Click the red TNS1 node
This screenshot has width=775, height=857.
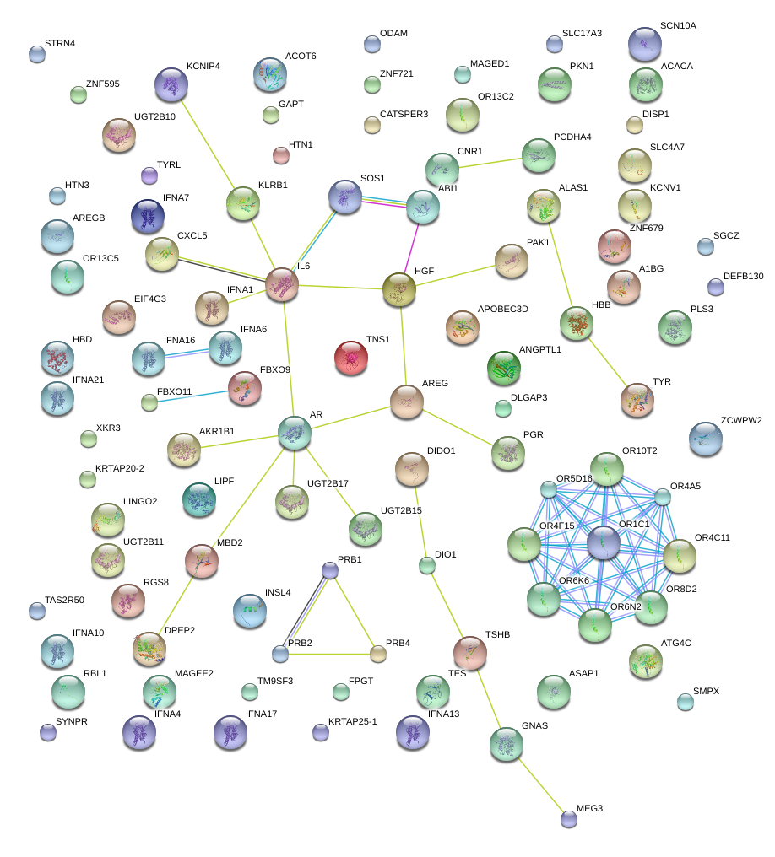pyautogui.click(x=351, y=358)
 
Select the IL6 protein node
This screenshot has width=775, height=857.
pyautogui.click(x=282, y=286)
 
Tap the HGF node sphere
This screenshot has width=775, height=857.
pyautogui.click(x=399, y=290)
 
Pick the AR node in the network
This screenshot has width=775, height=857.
pyautogui.click(x=295, y=433)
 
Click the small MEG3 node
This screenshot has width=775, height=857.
pyautogui.click(x=569, y=817)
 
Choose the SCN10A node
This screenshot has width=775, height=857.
pyautogui.click(x=645, y=44)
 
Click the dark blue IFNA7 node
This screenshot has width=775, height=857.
pyautogui.click(x=149, y=217)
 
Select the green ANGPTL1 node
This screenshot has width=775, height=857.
pyautogui.click(x=504, y=367)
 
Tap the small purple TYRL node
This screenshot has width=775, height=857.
pyautogui.click(x=149, y=175)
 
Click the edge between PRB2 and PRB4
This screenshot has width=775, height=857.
pyautogui.click(x=329, y=653)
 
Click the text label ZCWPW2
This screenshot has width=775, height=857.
pyautogui.click(x=742, y=420)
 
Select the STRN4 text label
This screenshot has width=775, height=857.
pyautogui.click(x=60, y=43)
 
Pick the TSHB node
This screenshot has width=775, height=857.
pyautogui.click(x=469, y=652)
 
